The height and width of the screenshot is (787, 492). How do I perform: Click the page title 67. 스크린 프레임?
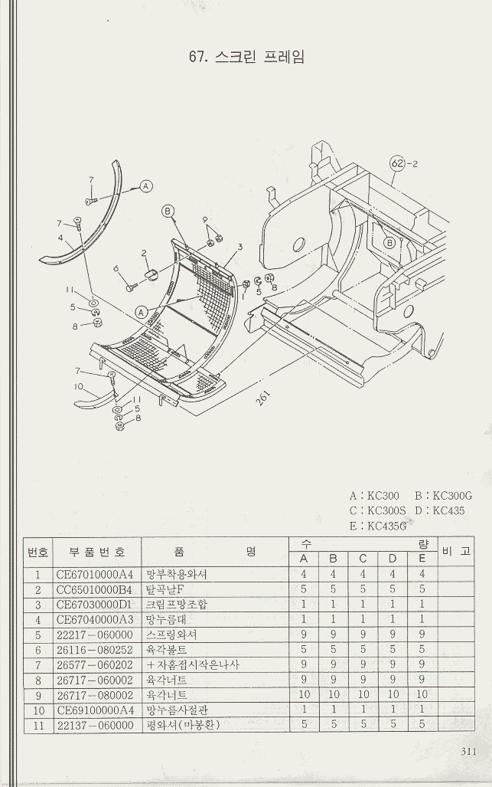pos(246,57)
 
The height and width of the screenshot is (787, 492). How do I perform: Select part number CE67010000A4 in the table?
pos(94,574)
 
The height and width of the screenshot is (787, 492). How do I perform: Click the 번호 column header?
pos(38,552)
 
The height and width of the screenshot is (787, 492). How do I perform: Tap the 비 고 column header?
pos(456,551)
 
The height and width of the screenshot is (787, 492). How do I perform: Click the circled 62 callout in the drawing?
pos(397,163)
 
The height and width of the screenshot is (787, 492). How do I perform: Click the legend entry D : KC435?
pos(439,510)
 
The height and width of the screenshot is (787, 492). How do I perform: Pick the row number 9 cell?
pos(37,695)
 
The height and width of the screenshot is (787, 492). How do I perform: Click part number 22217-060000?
pos(94,635)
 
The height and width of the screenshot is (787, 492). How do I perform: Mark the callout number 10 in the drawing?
pos(79,387)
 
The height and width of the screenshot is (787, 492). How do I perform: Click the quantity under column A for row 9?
pos(305,695)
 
